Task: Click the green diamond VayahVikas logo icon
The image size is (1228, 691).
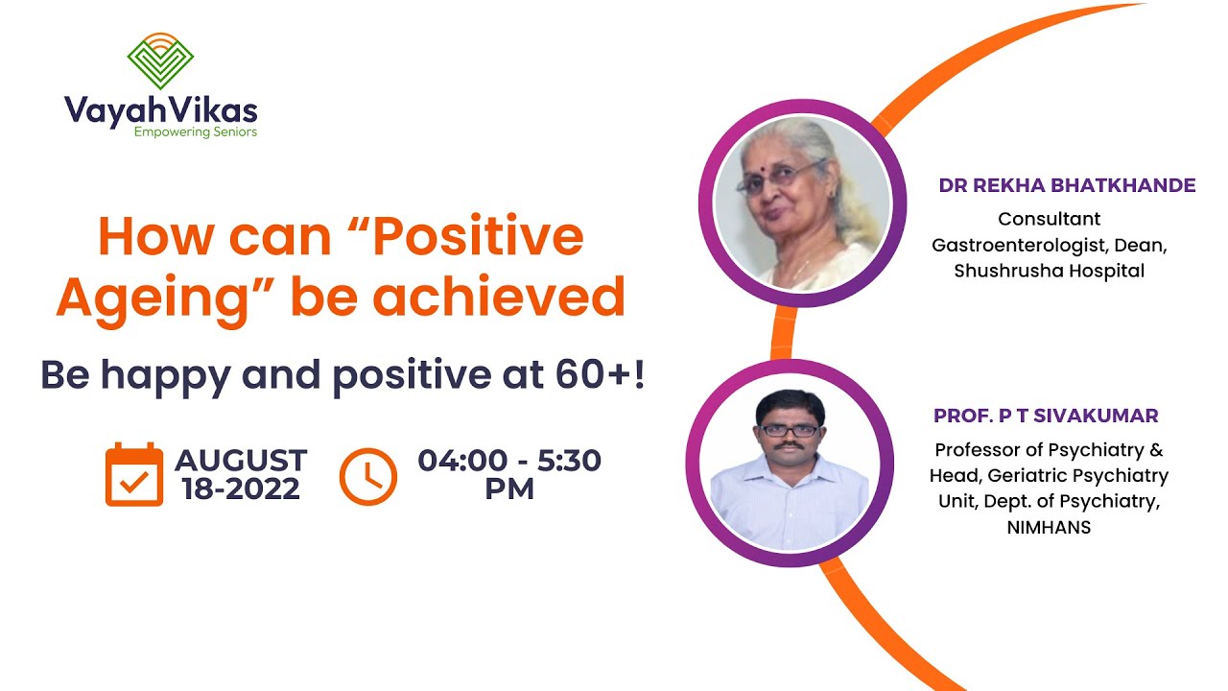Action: [160, 60]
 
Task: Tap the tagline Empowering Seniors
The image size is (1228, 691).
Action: [196, 131]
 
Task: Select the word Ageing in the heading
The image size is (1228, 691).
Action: [153, 297]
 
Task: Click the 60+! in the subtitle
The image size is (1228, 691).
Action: [596, 375]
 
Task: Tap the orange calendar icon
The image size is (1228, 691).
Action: [133, 474]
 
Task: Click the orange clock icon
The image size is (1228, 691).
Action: [367, 475]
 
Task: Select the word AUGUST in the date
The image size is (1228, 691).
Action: [241, 461]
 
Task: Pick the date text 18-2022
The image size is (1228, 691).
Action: [241, 489]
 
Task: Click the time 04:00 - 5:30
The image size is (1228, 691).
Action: [509, 461]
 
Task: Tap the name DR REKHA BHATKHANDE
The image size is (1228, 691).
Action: [1067, 185]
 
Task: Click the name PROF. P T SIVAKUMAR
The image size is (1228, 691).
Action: [1046, 416]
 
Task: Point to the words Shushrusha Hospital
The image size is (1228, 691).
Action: [1049, 271]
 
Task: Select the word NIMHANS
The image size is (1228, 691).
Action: [1049, 527]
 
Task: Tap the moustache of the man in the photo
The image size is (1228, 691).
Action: [790, 446]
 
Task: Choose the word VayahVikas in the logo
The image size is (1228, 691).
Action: [160, 108]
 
